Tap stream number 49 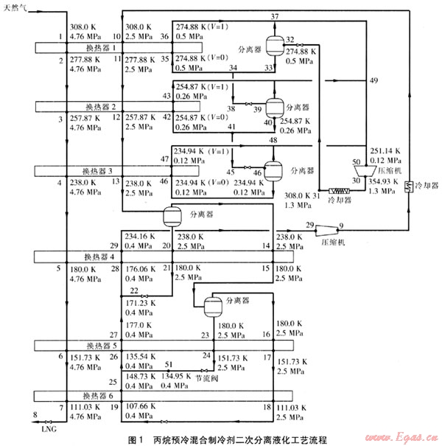point(373,80)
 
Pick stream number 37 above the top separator point(275,15)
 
